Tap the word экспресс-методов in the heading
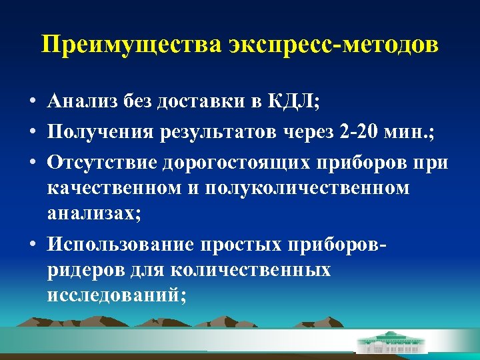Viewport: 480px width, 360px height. (x=334, y=45)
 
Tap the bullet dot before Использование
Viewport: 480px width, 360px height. (x=33, y=245)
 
